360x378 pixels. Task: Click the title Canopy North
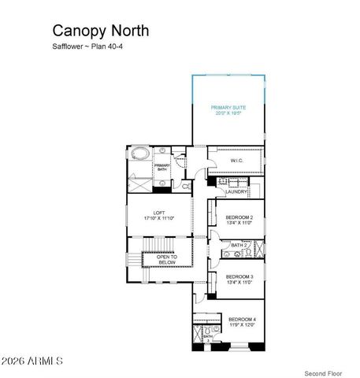100,31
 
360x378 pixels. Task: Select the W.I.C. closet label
237,161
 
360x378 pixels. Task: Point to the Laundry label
236,192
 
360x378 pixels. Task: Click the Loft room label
159,211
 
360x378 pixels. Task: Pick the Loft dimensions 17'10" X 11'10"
159,217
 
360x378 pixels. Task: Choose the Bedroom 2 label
239,217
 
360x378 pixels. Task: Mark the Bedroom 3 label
239,276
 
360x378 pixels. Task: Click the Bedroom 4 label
242,319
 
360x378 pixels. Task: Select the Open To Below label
167,258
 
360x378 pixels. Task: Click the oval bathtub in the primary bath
140,153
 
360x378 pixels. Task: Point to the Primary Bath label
162,167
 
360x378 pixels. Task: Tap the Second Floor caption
323,372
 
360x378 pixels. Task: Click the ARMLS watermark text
33,361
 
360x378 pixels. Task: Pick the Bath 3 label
208,337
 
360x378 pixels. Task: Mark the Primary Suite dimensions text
228,113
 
